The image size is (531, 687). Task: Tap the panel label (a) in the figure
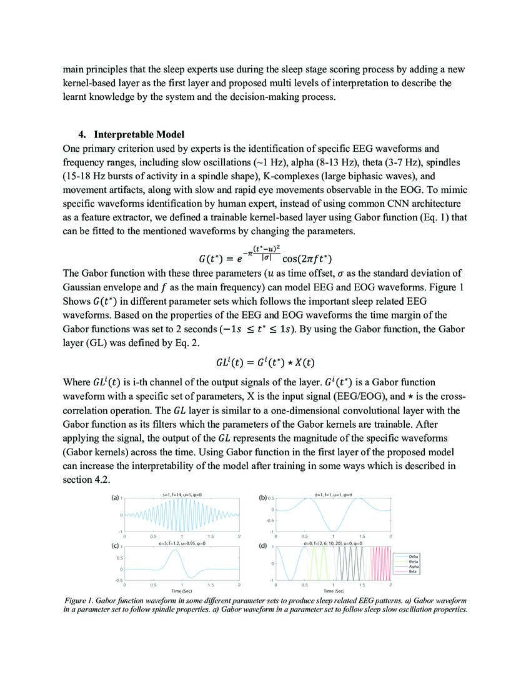[x=116, y=498]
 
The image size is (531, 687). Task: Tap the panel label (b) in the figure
[x=263, y=498]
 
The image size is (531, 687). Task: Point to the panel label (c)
[x=116, y=545]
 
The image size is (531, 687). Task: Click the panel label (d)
[x=263, y=546]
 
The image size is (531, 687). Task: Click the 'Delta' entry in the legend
[x=414, y=556]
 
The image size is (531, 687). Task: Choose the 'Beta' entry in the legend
[x=413, y=571]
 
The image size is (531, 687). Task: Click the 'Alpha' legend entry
[x=414, y=566]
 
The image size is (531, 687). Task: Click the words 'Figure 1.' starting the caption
[x=81, y=600]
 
